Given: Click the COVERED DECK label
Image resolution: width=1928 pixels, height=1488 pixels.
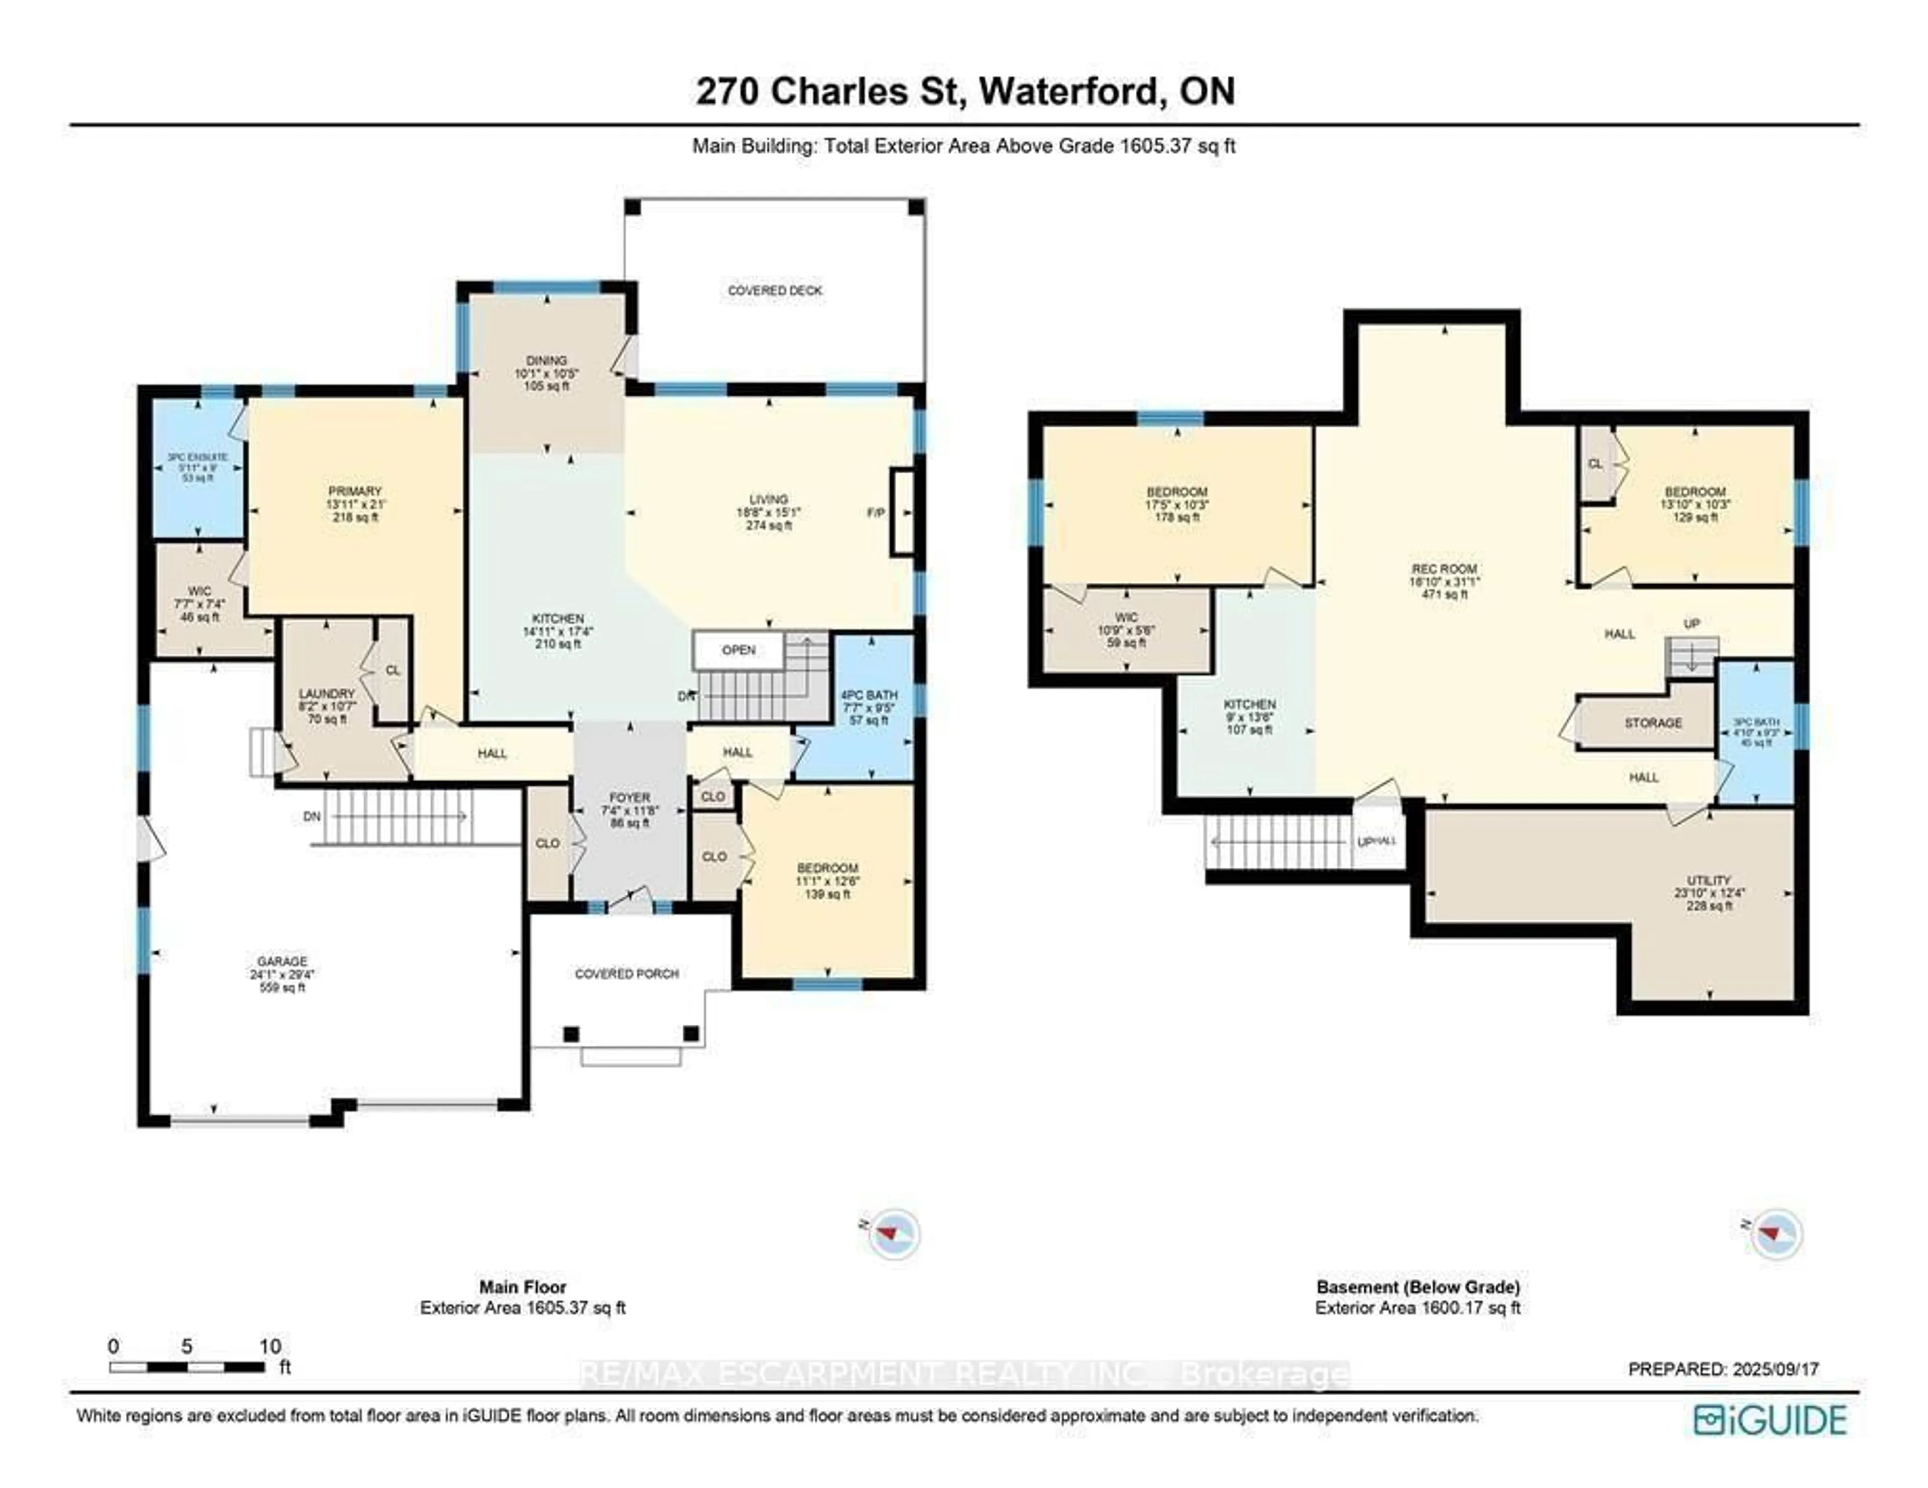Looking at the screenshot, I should (774, 290).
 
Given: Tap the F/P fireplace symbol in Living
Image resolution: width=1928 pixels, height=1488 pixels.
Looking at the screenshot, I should (901, 512).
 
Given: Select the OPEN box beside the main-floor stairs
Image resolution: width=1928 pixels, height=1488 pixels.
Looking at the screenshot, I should (738, 651).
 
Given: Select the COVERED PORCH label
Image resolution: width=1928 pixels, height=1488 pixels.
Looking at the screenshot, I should (627, 973).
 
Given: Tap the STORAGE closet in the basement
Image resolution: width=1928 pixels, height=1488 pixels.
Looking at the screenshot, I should (1652, 723).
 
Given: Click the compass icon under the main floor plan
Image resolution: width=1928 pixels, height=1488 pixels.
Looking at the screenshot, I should (893, 1233).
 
